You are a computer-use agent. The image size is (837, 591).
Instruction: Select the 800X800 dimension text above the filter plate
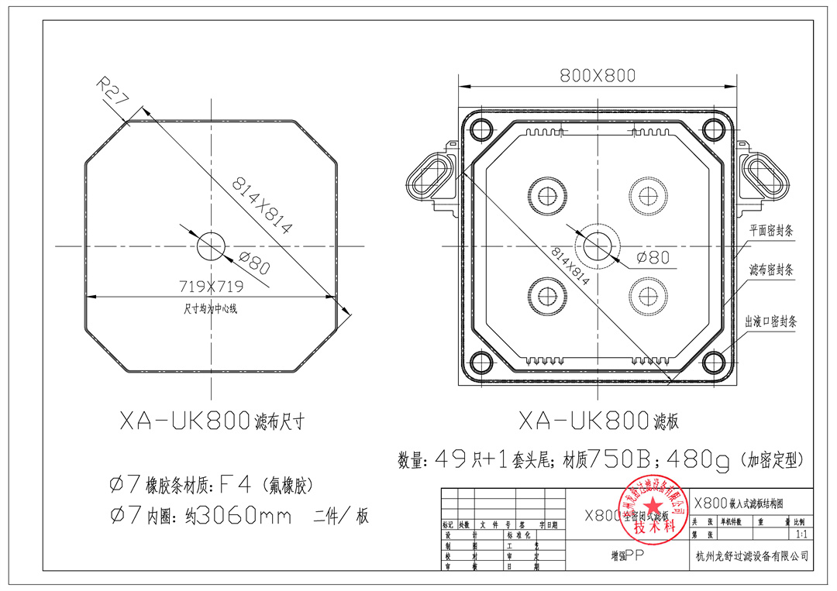point(598,75)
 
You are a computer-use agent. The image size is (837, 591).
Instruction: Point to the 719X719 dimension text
point(211,286)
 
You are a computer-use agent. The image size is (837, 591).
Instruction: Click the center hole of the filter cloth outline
point(210,246)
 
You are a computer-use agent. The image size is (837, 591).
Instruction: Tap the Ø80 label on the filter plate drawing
point(653,257)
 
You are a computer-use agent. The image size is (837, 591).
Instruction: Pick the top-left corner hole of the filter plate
point(480,128)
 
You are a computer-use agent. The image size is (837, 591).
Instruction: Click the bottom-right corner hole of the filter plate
point(714,363)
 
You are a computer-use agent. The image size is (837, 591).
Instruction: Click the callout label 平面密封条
point(770,230)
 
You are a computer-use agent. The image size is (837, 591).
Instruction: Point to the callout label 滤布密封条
point(770,270)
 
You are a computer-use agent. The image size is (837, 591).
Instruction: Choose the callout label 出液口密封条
point(770,320)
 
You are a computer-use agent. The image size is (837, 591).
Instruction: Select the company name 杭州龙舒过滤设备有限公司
point(752,555)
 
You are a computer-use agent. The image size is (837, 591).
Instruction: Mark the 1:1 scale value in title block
point(799,534)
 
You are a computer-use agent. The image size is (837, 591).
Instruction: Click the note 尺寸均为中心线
point(211,308)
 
